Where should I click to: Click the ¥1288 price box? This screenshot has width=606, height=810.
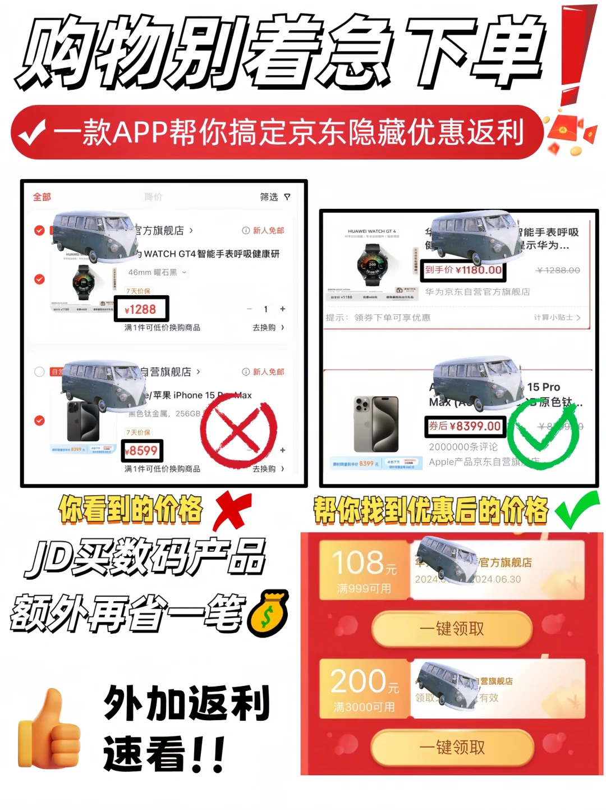pos(141,309)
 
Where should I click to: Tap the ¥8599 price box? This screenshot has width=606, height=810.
pos(142,451)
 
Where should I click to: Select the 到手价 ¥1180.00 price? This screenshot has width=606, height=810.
pos(463,270)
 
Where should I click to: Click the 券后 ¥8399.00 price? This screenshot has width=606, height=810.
pos(465,426)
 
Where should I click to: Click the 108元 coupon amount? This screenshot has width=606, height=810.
pos(364,563)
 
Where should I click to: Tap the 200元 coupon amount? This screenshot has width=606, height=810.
pos(364,681)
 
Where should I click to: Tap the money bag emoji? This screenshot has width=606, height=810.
pos(268,614)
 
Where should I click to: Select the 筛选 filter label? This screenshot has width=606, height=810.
pos(269,197)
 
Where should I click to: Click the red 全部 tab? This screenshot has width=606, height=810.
pos(42,197)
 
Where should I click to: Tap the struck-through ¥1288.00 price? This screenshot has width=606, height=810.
pos(558,271)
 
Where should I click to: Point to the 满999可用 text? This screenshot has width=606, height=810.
pos(364,588)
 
